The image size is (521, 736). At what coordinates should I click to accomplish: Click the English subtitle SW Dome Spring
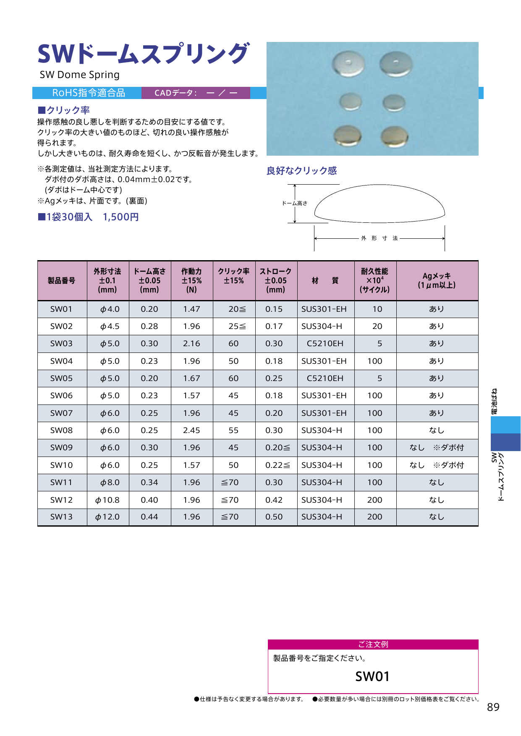click(80, 75)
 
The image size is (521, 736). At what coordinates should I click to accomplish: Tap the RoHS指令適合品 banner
click(88, 93)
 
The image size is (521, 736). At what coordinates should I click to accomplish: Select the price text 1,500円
click(121, 217)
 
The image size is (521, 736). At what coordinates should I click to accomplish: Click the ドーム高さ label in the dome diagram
click(294, 204)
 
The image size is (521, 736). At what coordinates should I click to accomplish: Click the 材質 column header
click(325, 280)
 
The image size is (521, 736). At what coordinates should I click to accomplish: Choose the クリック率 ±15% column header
click(234, 276)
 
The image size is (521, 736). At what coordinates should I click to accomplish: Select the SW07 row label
click(61, 413)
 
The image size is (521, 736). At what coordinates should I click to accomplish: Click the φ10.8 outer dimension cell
click(107, 500)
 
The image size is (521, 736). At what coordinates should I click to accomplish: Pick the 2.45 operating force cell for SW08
click(191, 431)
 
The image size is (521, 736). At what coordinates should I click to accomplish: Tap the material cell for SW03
click(325, 344)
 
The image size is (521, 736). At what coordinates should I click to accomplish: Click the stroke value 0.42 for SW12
click(274, 500)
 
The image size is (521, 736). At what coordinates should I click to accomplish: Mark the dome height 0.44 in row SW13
click(149, 517)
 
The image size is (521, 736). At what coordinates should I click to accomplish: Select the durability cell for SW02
click(377, 326)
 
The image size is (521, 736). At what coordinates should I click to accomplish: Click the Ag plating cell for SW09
click(437, 448)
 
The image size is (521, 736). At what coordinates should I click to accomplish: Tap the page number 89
click(493, 707)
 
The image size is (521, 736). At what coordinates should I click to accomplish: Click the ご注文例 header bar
click(373, 645)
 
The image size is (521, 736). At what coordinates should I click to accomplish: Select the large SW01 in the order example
click(372, 676)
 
